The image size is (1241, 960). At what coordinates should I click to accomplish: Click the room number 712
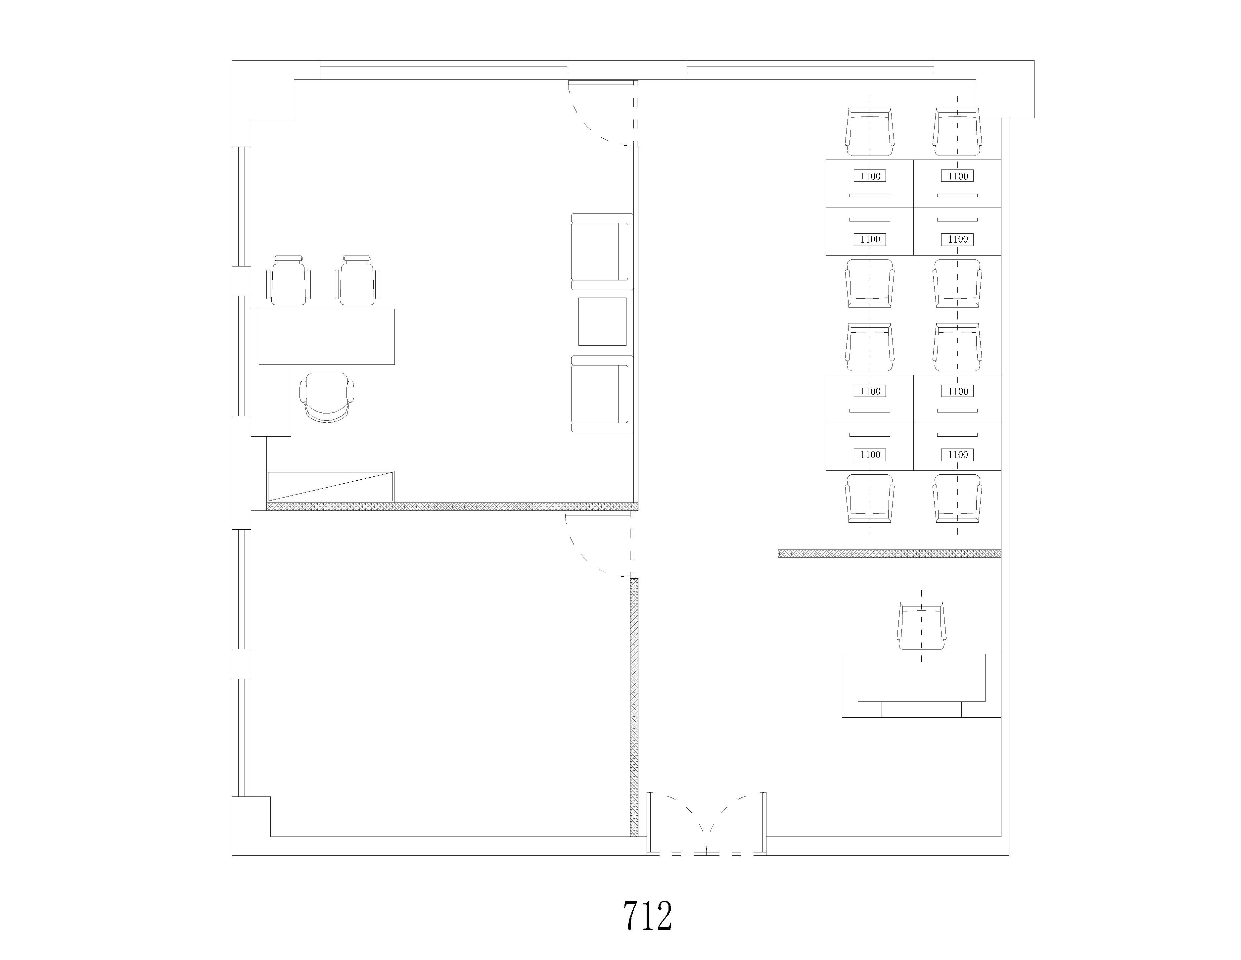(x=647, y=916)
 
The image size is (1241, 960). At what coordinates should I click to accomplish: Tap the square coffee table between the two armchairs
(x=602, y=322)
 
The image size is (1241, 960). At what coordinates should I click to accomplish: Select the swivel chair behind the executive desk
(x=327, y=397)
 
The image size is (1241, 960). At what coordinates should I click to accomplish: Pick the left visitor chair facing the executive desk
(x=289, y=280)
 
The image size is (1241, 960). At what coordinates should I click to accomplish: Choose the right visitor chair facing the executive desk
(x=357, y=280)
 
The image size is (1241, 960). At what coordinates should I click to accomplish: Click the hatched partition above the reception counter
(x=889, y=553)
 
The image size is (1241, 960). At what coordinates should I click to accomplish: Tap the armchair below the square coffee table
(x=602, y=394)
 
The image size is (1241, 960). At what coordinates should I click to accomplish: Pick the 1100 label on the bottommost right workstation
(x=957, y=455)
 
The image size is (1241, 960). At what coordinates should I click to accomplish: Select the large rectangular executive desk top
(x=327, y=336)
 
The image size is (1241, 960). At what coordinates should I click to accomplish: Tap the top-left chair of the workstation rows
(x=869, y=132)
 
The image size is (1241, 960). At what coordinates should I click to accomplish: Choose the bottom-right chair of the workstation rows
(x=957, y=499)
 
